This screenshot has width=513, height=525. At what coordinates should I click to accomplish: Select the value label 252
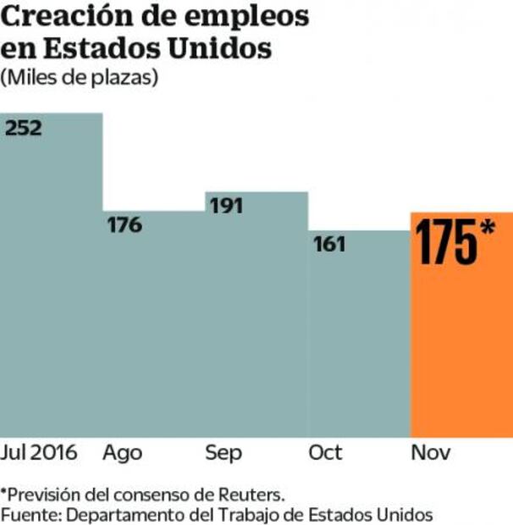click(x=24, y=129)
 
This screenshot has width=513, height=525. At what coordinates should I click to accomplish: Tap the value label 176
click(x=124, y=225)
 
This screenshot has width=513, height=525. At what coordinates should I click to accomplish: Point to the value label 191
click(x=227, y=207)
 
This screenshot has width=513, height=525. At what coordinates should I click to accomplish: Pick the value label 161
click(x=329, y=245)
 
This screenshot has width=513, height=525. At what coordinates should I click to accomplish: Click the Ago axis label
click(x=123, y=453)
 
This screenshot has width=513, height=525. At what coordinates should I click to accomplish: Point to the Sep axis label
click(x=223, y=453)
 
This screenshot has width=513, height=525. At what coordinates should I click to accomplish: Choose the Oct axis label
click(x=326, y=453)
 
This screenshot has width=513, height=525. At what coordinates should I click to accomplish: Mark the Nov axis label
click(x=429, y=453)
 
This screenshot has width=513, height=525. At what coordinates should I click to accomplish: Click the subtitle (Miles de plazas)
click(x=80, y=77)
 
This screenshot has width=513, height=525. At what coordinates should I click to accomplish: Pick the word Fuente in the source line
click(x=26, y=514)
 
